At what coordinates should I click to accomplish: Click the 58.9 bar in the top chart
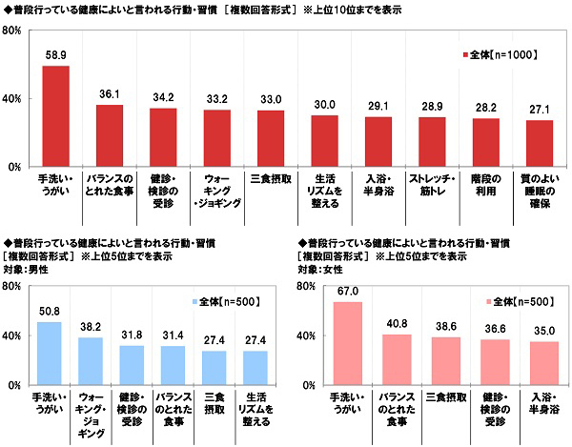coord(55,115)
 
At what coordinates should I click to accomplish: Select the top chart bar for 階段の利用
coord(486,142)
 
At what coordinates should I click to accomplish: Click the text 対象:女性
coord(321,270)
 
